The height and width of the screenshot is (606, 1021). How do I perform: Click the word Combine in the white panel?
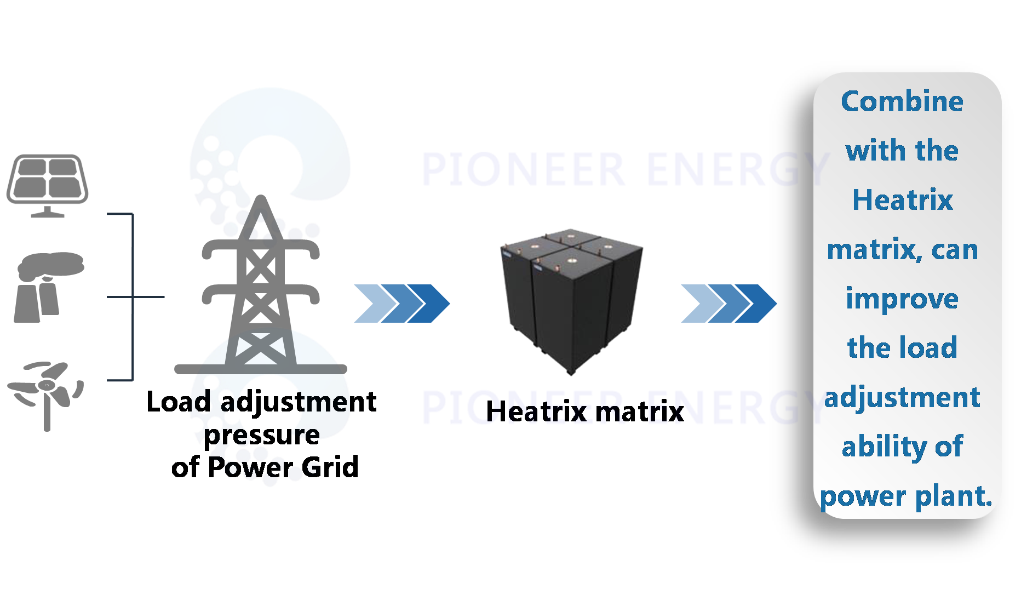pyautogui.click(x=902, y=101)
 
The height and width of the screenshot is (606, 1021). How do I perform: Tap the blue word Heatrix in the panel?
pyautogui.click(x=902, y=200)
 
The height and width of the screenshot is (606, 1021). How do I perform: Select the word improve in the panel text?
pyautogui.click(x=902, y=299)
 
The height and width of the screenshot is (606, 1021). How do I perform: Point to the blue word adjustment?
pyautogui.click(x=902, y=397)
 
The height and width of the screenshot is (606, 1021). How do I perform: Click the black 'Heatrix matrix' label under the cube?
pyautogui.click(x=584, y=412)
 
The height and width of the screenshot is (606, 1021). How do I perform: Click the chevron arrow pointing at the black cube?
pyautogui.click(x=401, y=303)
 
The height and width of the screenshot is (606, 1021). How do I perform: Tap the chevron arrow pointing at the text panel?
pyautogui.click(x=728, y=303)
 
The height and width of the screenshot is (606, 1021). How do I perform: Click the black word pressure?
pyautogui.click(x=262, y=435)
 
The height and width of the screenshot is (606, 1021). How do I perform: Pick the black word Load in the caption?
pyautogui.click(x=179, y=402)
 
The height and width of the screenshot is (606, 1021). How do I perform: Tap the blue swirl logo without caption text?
pyautogui.click(x=269, y=162)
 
